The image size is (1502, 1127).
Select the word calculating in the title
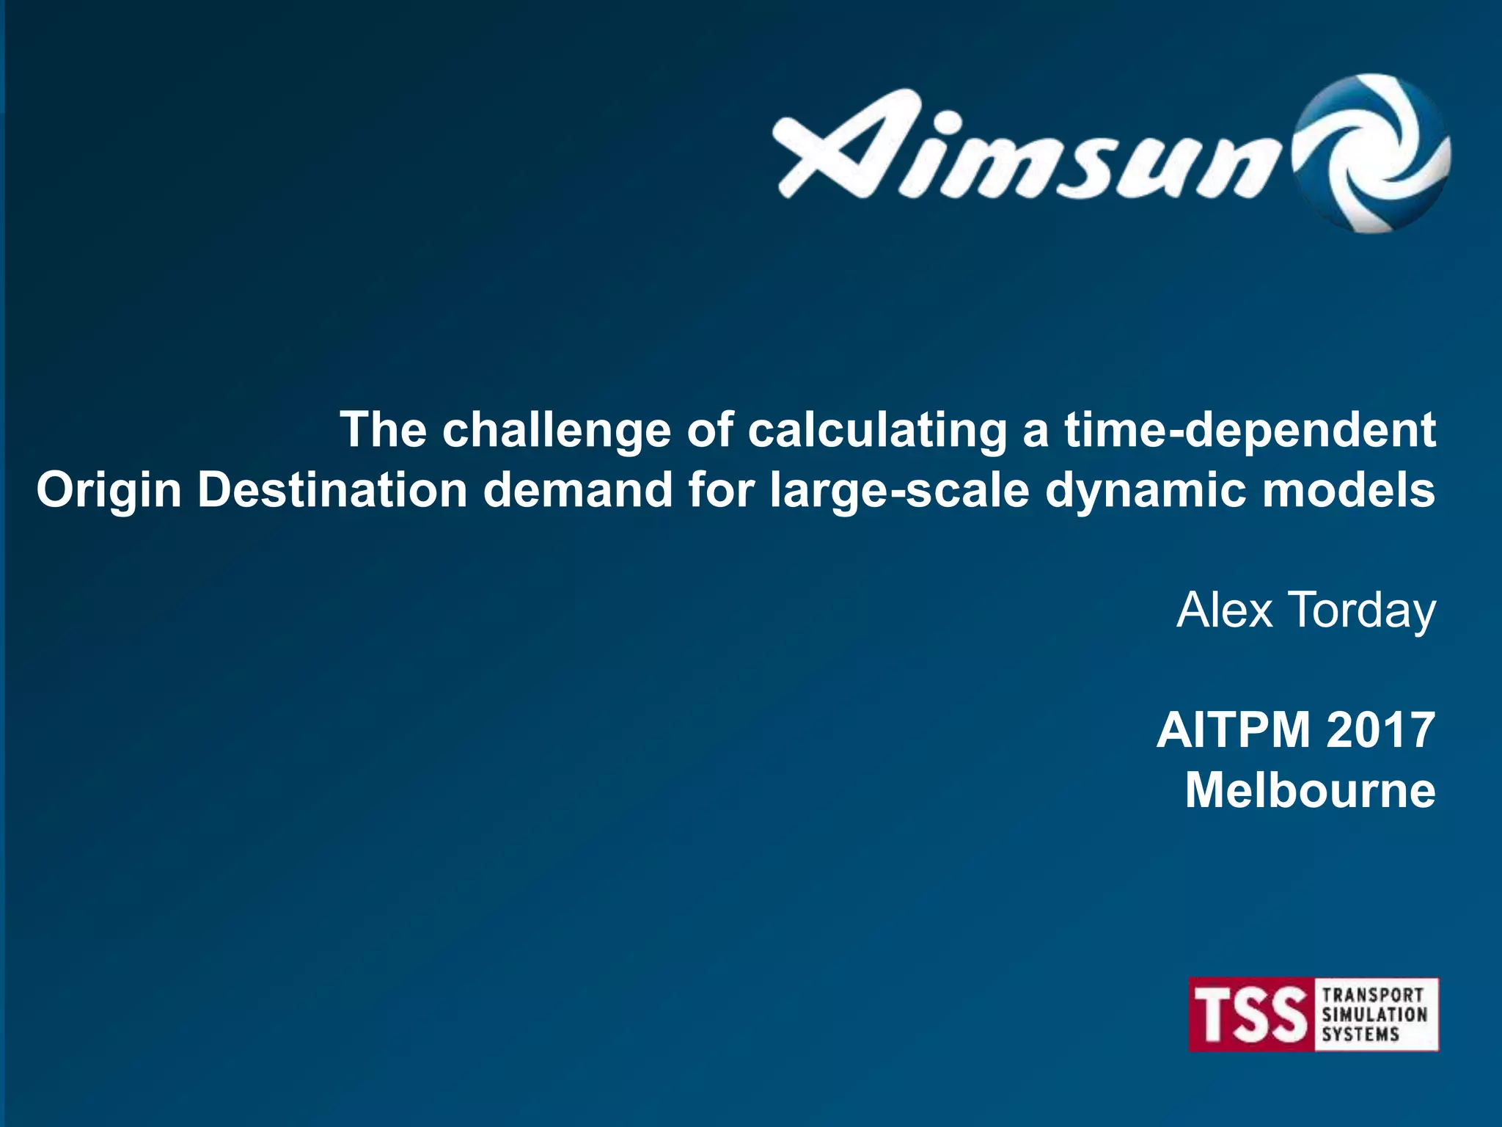[x=877, y=430]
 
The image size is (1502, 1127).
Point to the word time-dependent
[x=1250, y=430]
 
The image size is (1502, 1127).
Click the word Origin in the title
[x=109, y=490]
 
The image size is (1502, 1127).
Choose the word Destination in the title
[x=332, y=489]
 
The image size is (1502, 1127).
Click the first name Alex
[x=1224, y=610]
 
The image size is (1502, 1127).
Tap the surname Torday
[x=1362, y=610]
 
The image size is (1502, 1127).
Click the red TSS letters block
[x=1251, y=1015]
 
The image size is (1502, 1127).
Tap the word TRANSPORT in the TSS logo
[x=1373, y=995]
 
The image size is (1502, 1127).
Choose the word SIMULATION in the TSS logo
[x=1374, y=1015]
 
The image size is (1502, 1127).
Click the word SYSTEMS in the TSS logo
[x=1360, y=1035]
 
